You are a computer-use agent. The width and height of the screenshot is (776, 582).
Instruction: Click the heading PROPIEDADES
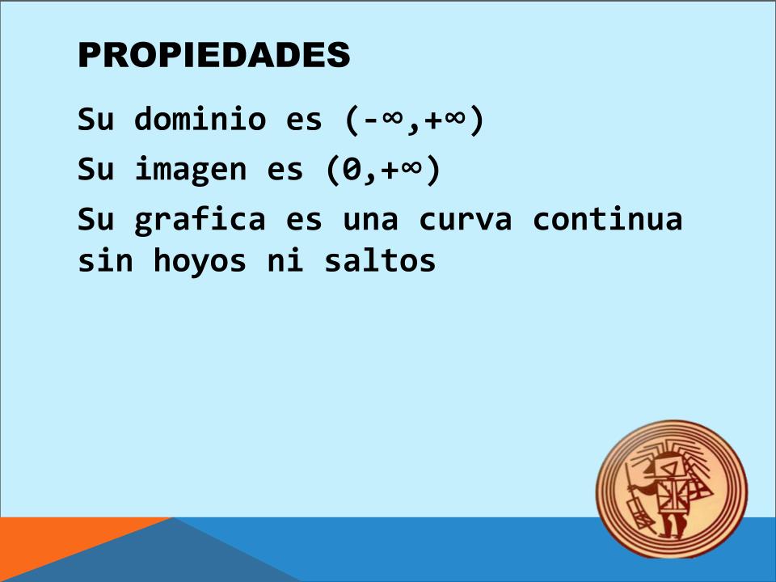213,54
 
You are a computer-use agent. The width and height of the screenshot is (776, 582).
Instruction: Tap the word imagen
191,169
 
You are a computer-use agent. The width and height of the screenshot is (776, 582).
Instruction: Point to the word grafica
200,219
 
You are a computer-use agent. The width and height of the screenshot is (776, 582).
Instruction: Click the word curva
466,220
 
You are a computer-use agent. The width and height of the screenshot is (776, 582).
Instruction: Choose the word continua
607,218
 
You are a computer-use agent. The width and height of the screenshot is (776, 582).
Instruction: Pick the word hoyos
200,261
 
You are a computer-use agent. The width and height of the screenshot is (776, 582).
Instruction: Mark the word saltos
380,259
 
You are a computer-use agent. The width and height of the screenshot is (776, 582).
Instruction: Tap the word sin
105,259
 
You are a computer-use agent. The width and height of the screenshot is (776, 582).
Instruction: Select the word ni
285,259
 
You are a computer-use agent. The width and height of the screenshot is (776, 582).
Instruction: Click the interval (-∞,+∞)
414,120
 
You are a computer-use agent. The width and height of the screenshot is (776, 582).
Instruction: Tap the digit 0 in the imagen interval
352,169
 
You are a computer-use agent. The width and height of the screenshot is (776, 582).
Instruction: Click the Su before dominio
95,119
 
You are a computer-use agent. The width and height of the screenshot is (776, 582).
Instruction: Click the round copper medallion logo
672,489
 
